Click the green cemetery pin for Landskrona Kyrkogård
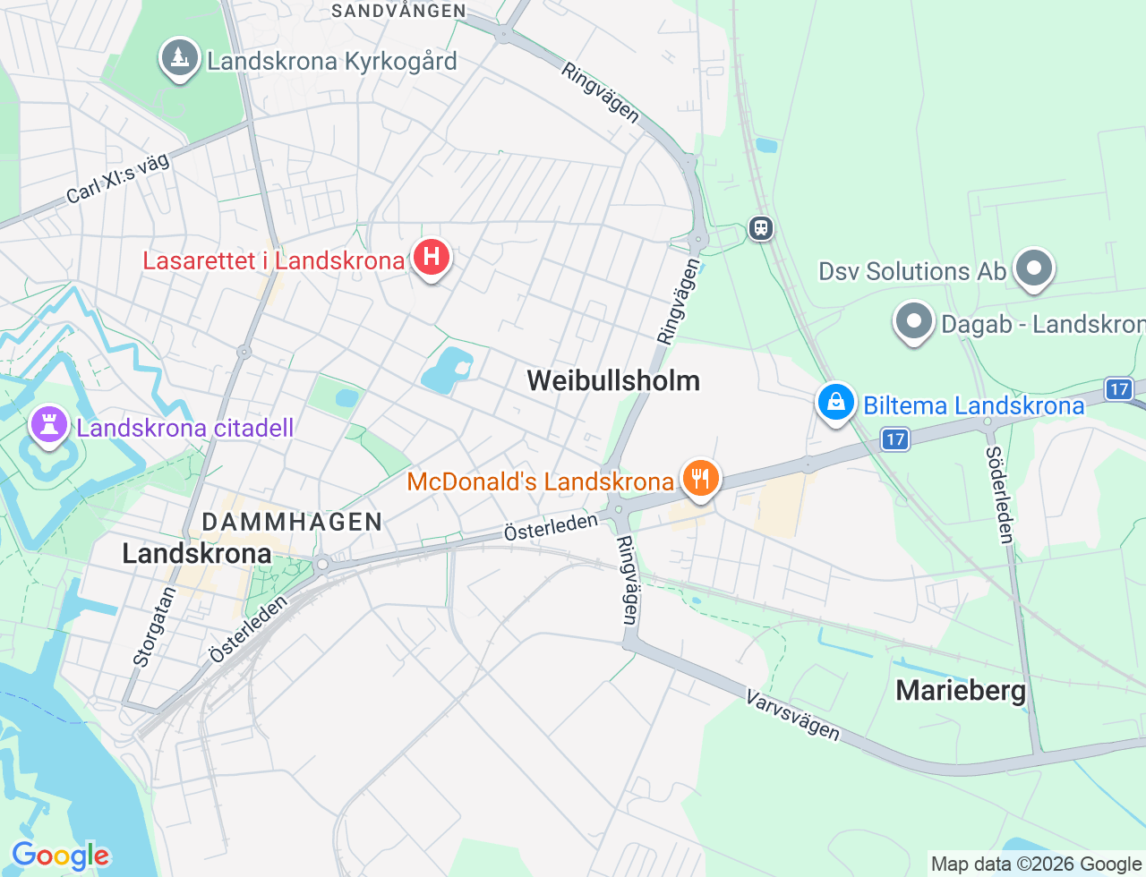click(x=179, y=59)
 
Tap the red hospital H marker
click(x=432, y=257)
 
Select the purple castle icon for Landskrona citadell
click(x=49, y=424)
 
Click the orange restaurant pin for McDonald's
click(x=700, y=479)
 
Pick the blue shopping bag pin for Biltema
click(x=835, y=403)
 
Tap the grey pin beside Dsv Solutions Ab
click(x=1034, y=268)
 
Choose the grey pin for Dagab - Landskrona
click(x=914, y=321)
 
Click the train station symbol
click(x=761, y=228)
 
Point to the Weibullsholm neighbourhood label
click(x=613, y=380)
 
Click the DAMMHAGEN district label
click(x=293, y=522)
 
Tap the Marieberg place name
click(x=961, y=690)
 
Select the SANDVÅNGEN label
click(x=398, y=11)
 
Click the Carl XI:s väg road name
click(x=117, y=178)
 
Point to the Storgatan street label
click(x=153, y=626)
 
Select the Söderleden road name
click(x=999, y=494)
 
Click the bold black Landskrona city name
click(x=197, y=553)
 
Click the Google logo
click(x=60, y=856)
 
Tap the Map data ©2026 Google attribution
click(x=1037, y=864)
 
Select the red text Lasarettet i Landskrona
click(x=274, y=260)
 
